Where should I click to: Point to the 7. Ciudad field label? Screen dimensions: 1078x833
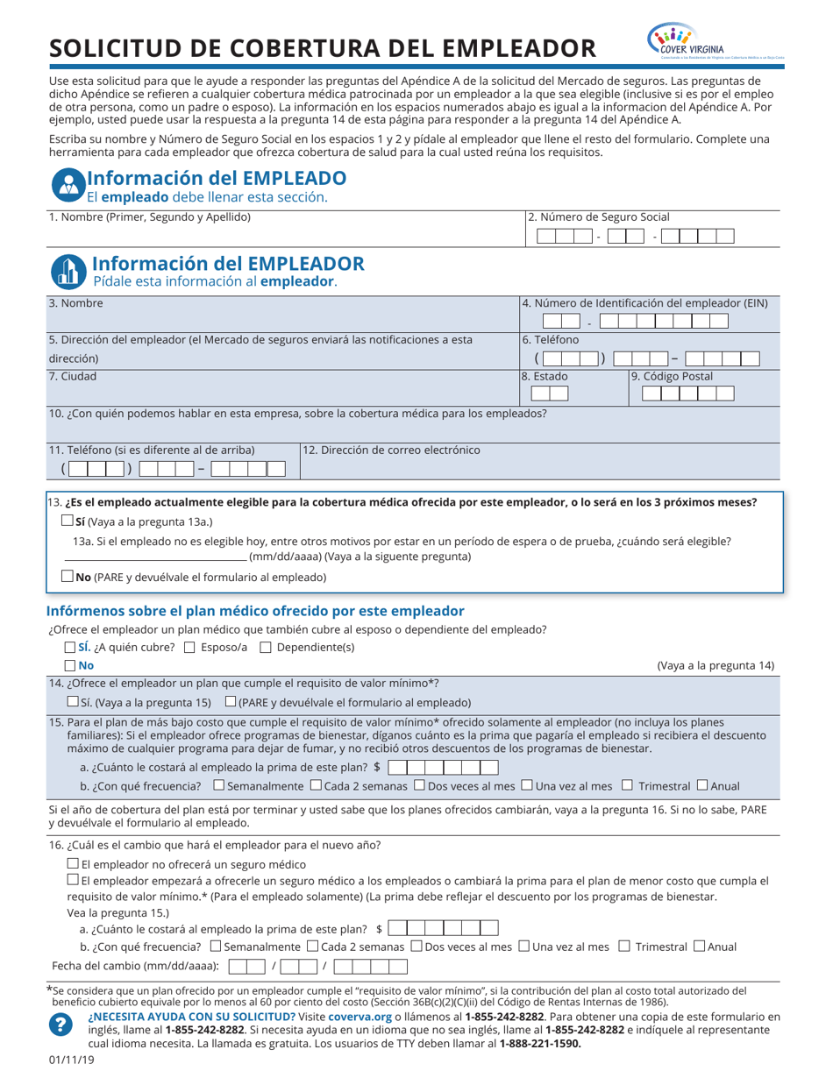click(73, 376)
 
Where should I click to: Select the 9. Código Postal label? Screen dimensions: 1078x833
click(672, 376)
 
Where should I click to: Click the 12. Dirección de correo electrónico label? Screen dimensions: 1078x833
click(391, 450)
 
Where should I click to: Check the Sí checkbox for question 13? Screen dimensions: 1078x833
click(68, 521)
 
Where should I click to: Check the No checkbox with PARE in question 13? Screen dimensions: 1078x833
click(68, 577)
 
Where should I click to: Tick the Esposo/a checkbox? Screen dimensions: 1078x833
click(190, 648)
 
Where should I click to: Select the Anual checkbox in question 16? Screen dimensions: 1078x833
click(699, 946)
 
